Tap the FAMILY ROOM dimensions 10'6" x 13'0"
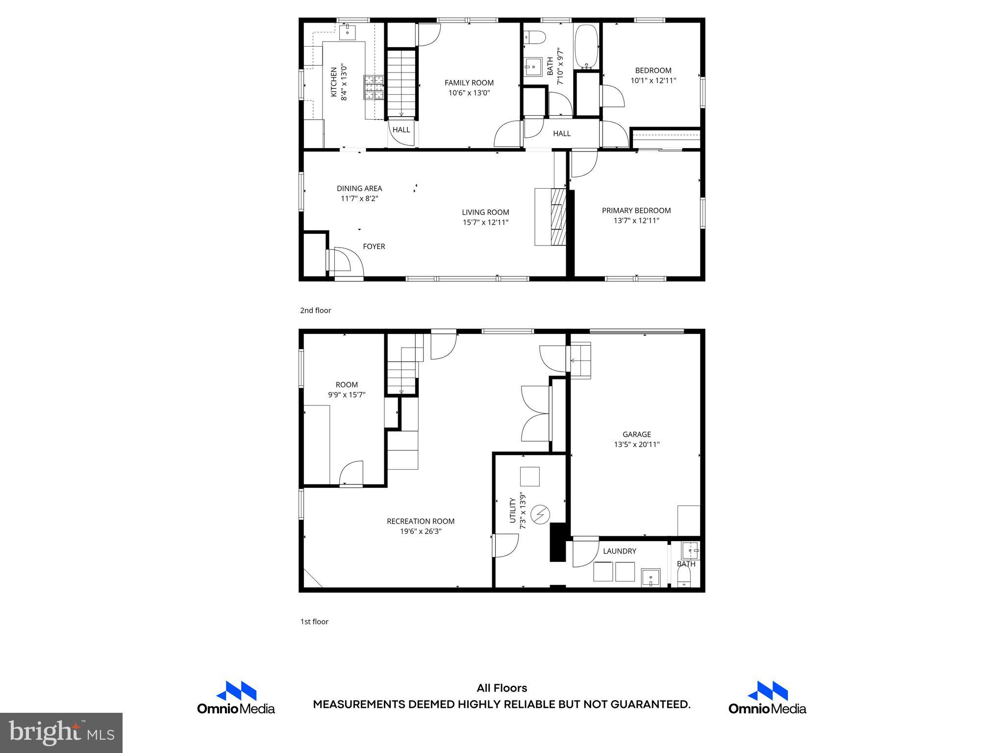pyautogui.click(x=469, y=93)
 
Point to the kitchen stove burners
pyautogui.click(x=375, y=88)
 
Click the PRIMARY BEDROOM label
pyautogui.click(x=636, y=211)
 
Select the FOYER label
pyautogui.click(x=374, y=247)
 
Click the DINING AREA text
pyautogui.click(x=359, y=188)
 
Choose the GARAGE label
pyautogui.click(x=636, y=434)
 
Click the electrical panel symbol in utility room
pyautogui.click(x=541, y=514)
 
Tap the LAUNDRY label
pyautogui.click(x=619, y=551)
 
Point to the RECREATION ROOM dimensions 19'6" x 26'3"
pyautogui.click(x=421, y=531)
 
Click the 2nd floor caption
pyautogui.click(x=315, y=310)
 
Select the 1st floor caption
pyautogui.click(x=314, y=622)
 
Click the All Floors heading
pyautogui.click(x=502, y=688)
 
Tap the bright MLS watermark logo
pyautogui.click(x=61, y=732)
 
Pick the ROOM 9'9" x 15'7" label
pyautogui.click(x=347, y=390)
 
